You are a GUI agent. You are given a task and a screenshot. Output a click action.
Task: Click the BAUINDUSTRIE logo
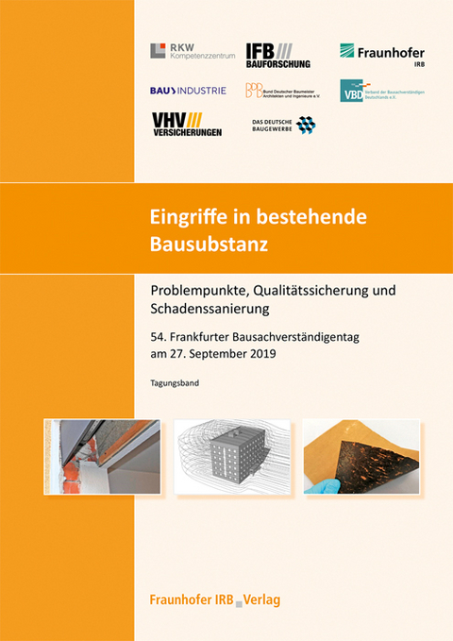[x=188, y=91]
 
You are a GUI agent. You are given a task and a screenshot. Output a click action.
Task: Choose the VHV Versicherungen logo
[x=187, y=124]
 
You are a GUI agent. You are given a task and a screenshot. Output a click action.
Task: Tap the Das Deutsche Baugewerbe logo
[x=283, y=125]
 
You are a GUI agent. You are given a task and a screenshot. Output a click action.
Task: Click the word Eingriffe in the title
[x=190, y=214]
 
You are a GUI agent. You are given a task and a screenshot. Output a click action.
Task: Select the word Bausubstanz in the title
[x=209, y=245]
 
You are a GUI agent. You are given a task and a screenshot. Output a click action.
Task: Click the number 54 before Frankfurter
[x=159, y=337]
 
